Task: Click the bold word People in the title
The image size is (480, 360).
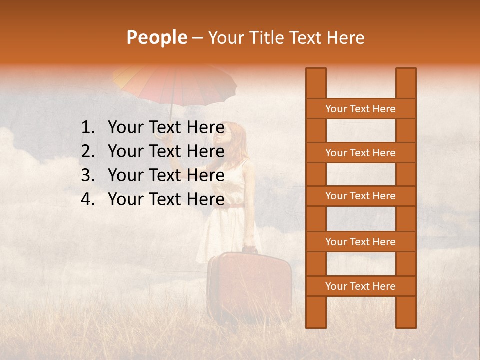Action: (x=156, y=38)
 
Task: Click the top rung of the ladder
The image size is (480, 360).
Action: (x=360, y=109)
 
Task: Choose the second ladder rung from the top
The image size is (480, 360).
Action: (x=360, y=153)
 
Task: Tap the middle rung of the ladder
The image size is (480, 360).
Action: (x=360, y=196)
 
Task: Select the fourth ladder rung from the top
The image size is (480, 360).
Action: (x=360, y=242)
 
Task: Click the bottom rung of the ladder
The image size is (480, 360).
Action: (x=360, y=286)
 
